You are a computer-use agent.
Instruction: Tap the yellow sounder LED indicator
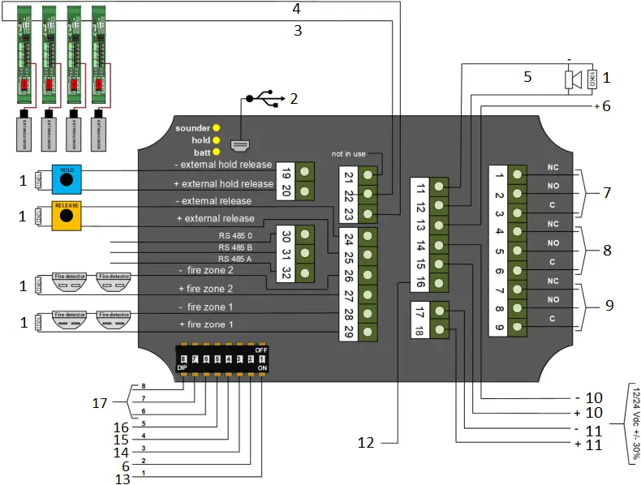[217, 128]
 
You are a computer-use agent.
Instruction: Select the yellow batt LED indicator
[217, 152]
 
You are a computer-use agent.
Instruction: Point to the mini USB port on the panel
[241, 146]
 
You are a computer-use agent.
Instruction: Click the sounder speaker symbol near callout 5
[570, 79]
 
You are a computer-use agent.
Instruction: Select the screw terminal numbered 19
[305, 172]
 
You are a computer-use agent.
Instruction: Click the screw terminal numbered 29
[368, 333]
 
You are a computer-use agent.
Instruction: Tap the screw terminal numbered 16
[438, 284]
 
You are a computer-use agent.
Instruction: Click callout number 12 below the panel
[366, 442]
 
